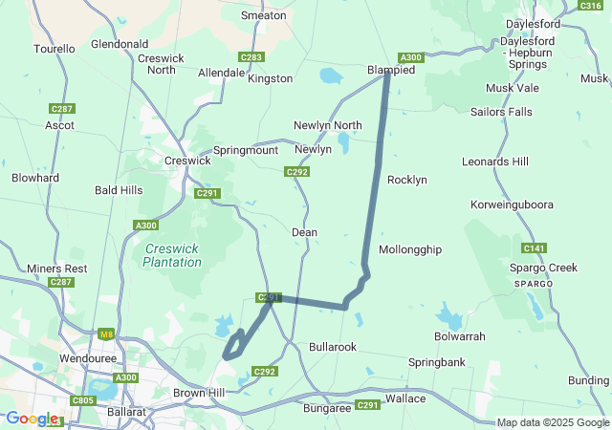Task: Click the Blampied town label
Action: pyautogui.click(x=391, y=71)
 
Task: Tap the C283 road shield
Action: pyautogui.click(x=252, y=57)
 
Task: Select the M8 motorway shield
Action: pyautogui.click(x=106, y=333)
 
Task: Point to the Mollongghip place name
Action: pyautogui.click(x=410, y=249)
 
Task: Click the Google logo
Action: pyautogui.click(x=32, y=419)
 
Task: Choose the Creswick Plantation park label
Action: pyautogui.click(x=172, y=255)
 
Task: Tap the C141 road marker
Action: pyautogui.click(x=535, y=248)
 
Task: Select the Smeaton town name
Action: pyautogui.click(x=264, y=15)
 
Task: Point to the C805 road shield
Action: pyautogui.click(x=83, y=400)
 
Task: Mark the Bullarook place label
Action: pyautogui.click(x=333, y=346)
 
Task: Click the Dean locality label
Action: pyautogui.click(x=304, y=232)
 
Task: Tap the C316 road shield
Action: pyautogui.click(x=590, y=6)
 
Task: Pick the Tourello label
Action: pyautogui.click(x=54, y=48)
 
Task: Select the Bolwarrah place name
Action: pyautogui.click(x=460, y=336)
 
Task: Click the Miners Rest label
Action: pyautogui.click(x=57, y=269)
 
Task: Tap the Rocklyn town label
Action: pyautogui.click(x=406, y=180)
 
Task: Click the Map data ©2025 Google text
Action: pyautogui.click(x=553, y=422)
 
